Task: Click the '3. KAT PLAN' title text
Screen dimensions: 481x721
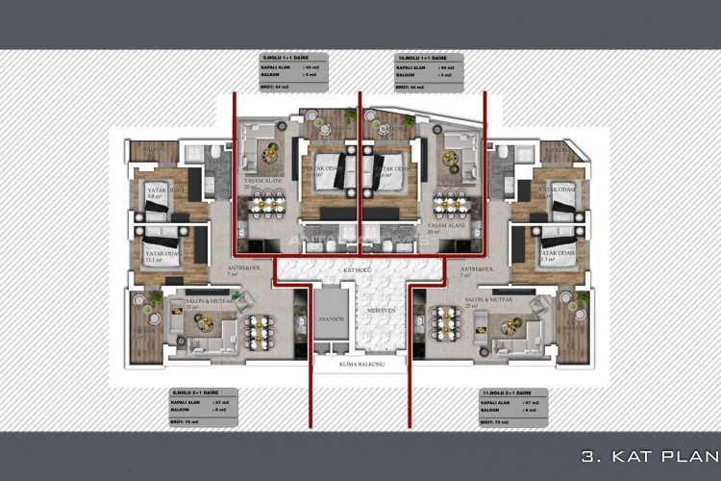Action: [x=650, y=456]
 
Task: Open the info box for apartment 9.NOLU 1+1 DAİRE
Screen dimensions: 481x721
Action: [x=294, y=73]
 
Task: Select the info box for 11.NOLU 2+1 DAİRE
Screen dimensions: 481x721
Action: [x=512, y=408]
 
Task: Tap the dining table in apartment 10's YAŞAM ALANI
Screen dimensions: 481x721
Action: [x=450, y=204]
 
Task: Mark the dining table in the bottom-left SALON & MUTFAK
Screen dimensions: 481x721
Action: [x=260, y=329]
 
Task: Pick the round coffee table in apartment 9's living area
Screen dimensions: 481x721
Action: [x=279, y=126]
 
